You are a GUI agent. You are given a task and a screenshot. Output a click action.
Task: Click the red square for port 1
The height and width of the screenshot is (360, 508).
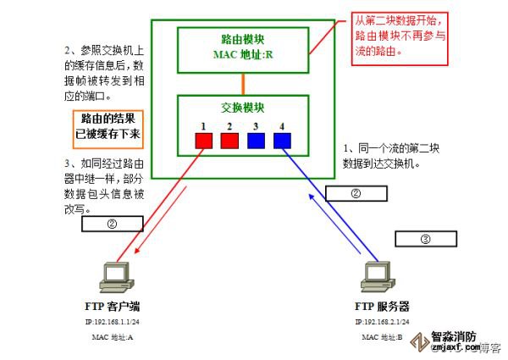coord(203,140)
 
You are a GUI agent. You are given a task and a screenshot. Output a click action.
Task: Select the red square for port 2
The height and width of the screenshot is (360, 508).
coord(229,140)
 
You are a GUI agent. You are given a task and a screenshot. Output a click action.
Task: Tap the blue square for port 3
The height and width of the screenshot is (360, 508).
coord(257,140)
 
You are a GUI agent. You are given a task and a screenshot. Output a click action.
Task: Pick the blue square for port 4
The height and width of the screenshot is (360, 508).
coord(282,140)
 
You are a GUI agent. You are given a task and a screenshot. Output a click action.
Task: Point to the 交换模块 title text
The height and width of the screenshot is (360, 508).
coord(242,108)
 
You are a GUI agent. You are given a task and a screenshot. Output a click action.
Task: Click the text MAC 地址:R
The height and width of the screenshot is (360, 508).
coord(242,55)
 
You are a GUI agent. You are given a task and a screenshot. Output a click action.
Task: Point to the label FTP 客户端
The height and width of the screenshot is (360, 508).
coord(113,307)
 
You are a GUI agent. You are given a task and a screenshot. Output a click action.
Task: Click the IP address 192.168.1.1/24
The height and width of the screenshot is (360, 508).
coord(113,323)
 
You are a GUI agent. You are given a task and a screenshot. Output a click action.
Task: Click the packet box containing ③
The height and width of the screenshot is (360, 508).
coord(425,239)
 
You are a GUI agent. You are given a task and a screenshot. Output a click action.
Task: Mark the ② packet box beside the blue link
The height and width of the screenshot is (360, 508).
coord(356,193)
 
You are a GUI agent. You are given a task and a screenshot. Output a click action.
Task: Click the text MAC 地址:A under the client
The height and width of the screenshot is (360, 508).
coord(113,336)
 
